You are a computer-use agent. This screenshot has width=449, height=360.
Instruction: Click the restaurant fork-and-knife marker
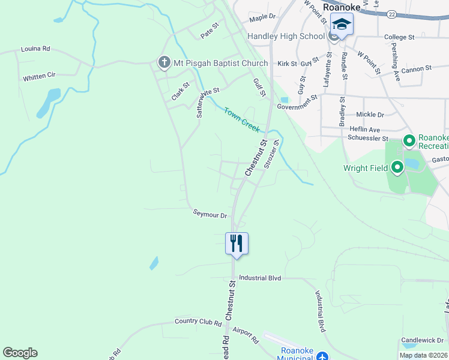point(237,243)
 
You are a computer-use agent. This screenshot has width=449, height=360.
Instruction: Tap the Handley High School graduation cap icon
point(342,25)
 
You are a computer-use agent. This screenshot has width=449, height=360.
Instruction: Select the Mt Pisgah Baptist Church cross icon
point(163,62)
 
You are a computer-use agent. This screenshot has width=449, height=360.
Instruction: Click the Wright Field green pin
point(397,168)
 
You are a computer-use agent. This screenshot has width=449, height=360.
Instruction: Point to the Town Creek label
point(242,119)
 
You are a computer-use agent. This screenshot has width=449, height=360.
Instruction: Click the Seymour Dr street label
point(209,214)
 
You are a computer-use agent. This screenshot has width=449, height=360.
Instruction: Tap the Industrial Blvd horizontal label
point(260,278)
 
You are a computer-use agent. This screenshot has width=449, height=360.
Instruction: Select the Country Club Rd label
point(198,322)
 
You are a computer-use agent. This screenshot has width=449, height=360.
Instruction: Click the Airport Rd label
point(245,335)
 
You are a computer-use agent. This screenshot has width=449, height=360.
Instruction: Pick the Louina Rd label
point(35,49)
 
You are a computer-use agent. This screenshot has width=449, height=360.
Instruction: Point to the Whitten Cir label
point(39,77)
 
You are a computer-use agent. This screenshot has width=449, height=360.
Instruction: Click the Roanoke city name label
point(341,7)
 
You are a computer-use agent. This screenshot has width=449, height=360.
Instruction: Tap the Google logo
point(20,353)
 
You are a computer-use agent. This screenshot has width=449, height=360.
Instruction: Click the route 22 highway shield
point(391,13)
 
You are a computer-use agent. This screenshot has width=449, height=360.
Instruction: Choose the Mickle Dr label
point(370,114)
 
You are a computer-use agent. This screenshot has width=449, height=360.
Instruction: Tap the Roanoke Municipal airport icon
point(323,356)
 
